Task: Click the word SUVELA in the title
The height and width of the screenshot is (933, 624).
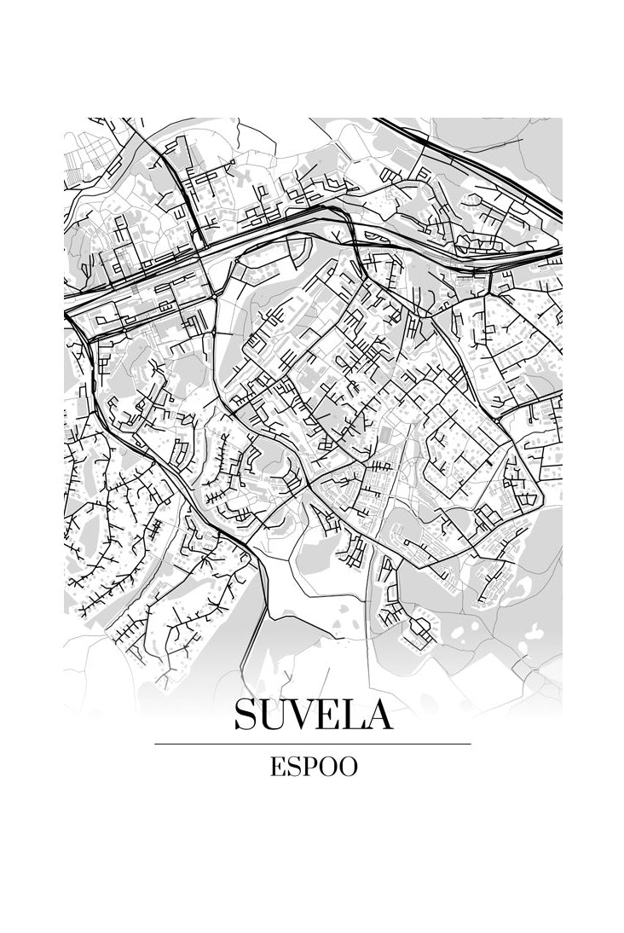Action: coord(313,714)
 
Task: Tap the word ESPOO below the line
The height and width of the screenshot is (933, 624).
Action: coord(313,767)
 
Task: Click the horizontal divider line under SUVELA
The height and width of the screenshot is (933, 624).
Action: coord(313,744)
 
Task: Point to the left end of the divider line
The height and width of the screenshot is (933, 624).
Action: coord(156,744)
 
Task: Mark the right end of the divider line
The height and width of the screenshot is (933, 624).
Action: coord(470,744)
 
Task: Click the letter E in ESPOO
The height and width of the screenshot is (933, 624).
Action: coord(277,767)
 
